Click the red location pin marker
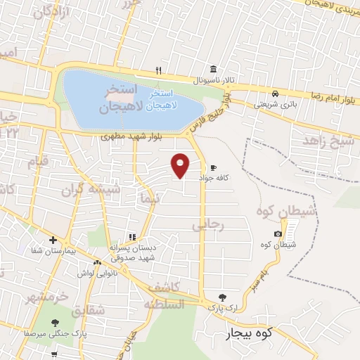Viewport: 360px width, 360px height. pos(181,166)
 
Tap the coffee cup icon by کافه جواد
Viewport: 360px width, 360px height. pos(213,167)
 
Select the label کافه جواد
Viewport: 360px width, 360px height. pos(220,179)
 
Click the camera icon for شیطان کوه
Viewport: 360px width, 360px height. pos(278,233)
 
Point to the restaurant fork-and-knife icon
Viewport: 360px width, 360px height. pos(159,70)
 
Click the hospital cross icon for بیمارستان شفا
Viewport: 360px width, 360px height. pos(53,240)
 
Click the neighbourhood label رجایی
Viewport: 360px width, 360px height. pos(208,225)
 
